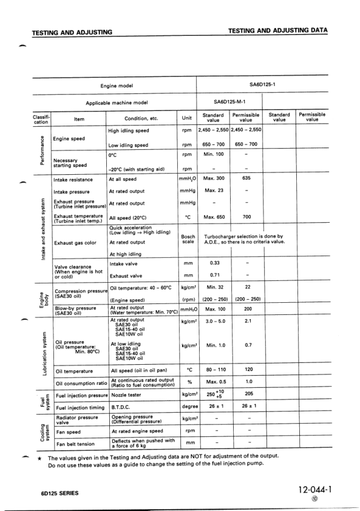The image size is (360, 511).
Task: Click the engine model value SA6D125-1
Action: click(x=262, y=85)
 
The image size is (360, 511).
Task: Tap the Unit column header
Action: click(x=186, y=118)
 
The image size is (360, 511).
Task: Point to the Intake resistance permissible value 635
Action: click(x=246, y=180)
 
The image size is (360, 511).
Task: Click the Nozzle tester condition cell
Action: click(x=126, y=395)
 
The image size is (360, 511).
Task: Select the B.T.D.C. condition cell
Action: click(x=123, y=408)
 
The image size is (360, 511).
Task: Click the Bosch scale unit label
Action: click(x=187, y=239)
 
